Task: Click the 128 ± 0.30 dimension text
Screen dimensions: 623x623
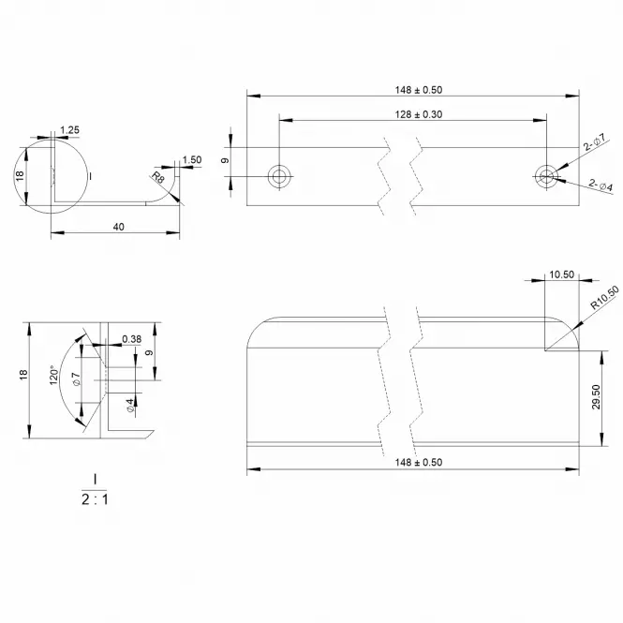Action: pos(419,114)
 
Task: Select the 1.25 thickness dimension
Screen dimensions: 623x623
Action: pos(69,130)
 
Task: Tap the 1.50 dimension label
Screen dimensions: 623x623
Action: pos(192,159)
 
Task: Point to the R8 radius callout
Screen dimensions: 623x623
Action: pos(157,177)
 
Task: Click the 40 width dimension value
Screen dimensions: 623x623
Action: pos(118,227)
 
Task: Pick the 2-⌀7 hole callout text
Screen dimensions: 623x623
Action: pos(594,141)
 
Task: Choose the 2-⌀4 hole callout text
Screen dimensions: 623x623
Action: pos(601,185)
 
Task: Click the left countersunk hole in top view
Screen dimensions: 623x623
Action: pos(279,176)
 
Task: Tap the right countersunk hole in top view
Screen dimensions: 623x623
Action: pos(546,176)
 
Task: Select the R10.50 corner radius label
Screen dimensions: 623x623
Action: pos(604,298)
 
